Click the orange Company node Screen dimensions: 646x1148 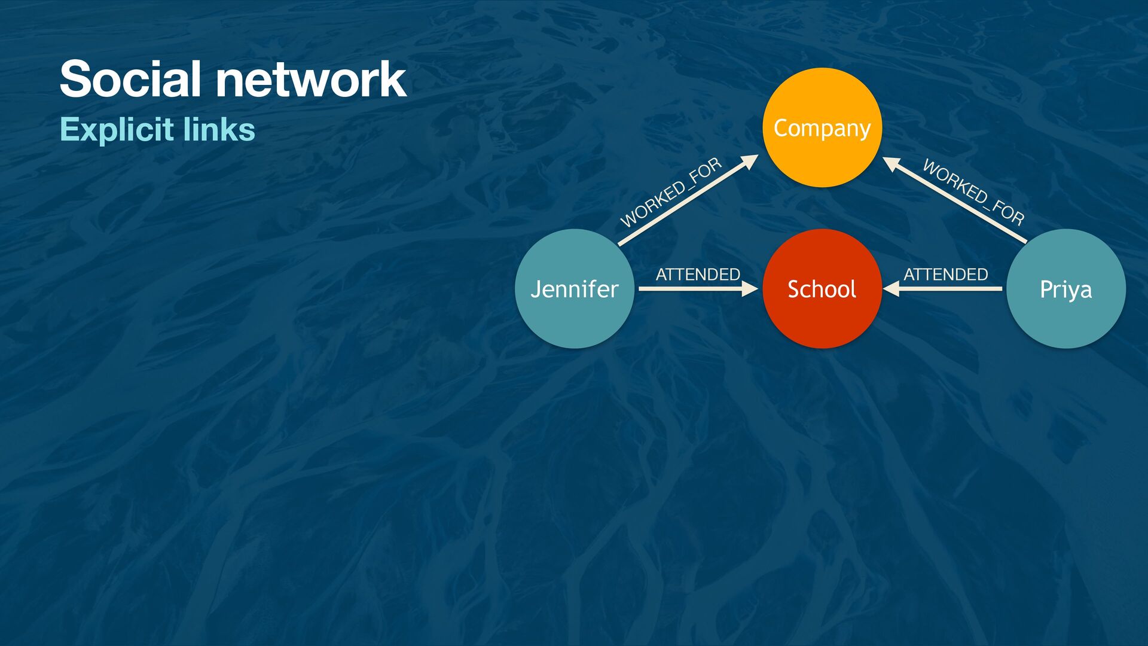[x=822, y=127]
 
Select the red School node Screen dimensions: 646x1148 [x=822, y=288]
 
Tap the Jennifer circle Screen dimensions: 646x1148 [x=574, y=288]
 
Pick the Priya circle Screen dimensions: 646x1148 [x=1065, y=288]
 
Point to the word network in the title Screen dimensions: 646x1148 [x=311, y=79]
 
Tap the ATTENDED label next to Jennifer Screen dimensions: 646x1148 [x=698, y=275]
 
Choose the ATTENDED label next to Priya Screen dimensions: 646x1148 [x=945, y=275]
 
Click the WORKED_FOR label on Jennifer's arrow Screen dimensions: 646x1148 [x=671, y=193]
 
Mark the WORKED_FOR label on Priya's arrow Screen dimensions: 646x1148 [x=973, y=191]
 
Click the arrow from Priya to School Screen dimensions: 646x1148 [x=951, y=289]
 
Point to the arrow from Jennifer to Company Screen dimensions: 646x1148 [x=682, y=203]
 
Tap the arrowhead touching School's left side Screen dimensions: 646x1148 [x=750, y=289]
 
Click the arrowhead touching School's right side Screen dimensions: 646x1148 [x=891, y=289]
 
